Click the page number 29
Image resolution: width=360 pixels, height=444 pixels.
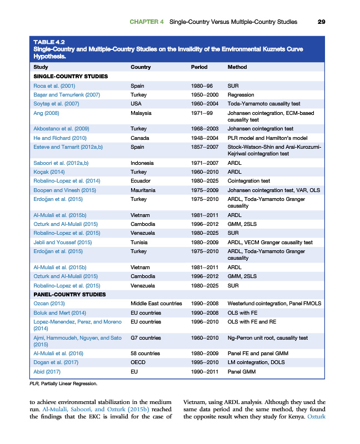321,22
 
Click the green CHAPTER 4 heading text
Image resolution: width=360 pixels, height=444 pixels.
147,22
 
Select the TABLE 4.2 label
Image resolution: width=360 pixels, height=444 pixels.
49,42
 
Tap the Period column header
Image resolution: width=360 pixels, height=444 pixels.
199,67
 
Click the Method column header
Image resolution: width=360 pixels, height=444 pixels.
237,67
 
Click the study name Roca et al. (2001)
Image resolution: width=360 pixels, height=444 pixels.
54,86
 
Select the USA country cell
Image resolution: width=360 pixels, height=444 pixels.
136,104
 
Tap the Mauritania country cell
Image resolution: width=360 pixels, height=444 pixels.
143,190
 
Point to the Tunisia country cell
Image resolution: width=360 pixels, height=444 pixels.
139,242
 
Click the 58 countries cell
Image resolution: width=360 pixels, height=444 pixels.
145,353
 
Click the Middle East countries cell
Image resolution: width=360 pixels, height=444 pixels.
156,304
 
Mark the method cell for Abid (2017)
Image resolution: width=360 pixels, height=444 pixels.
242,371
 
